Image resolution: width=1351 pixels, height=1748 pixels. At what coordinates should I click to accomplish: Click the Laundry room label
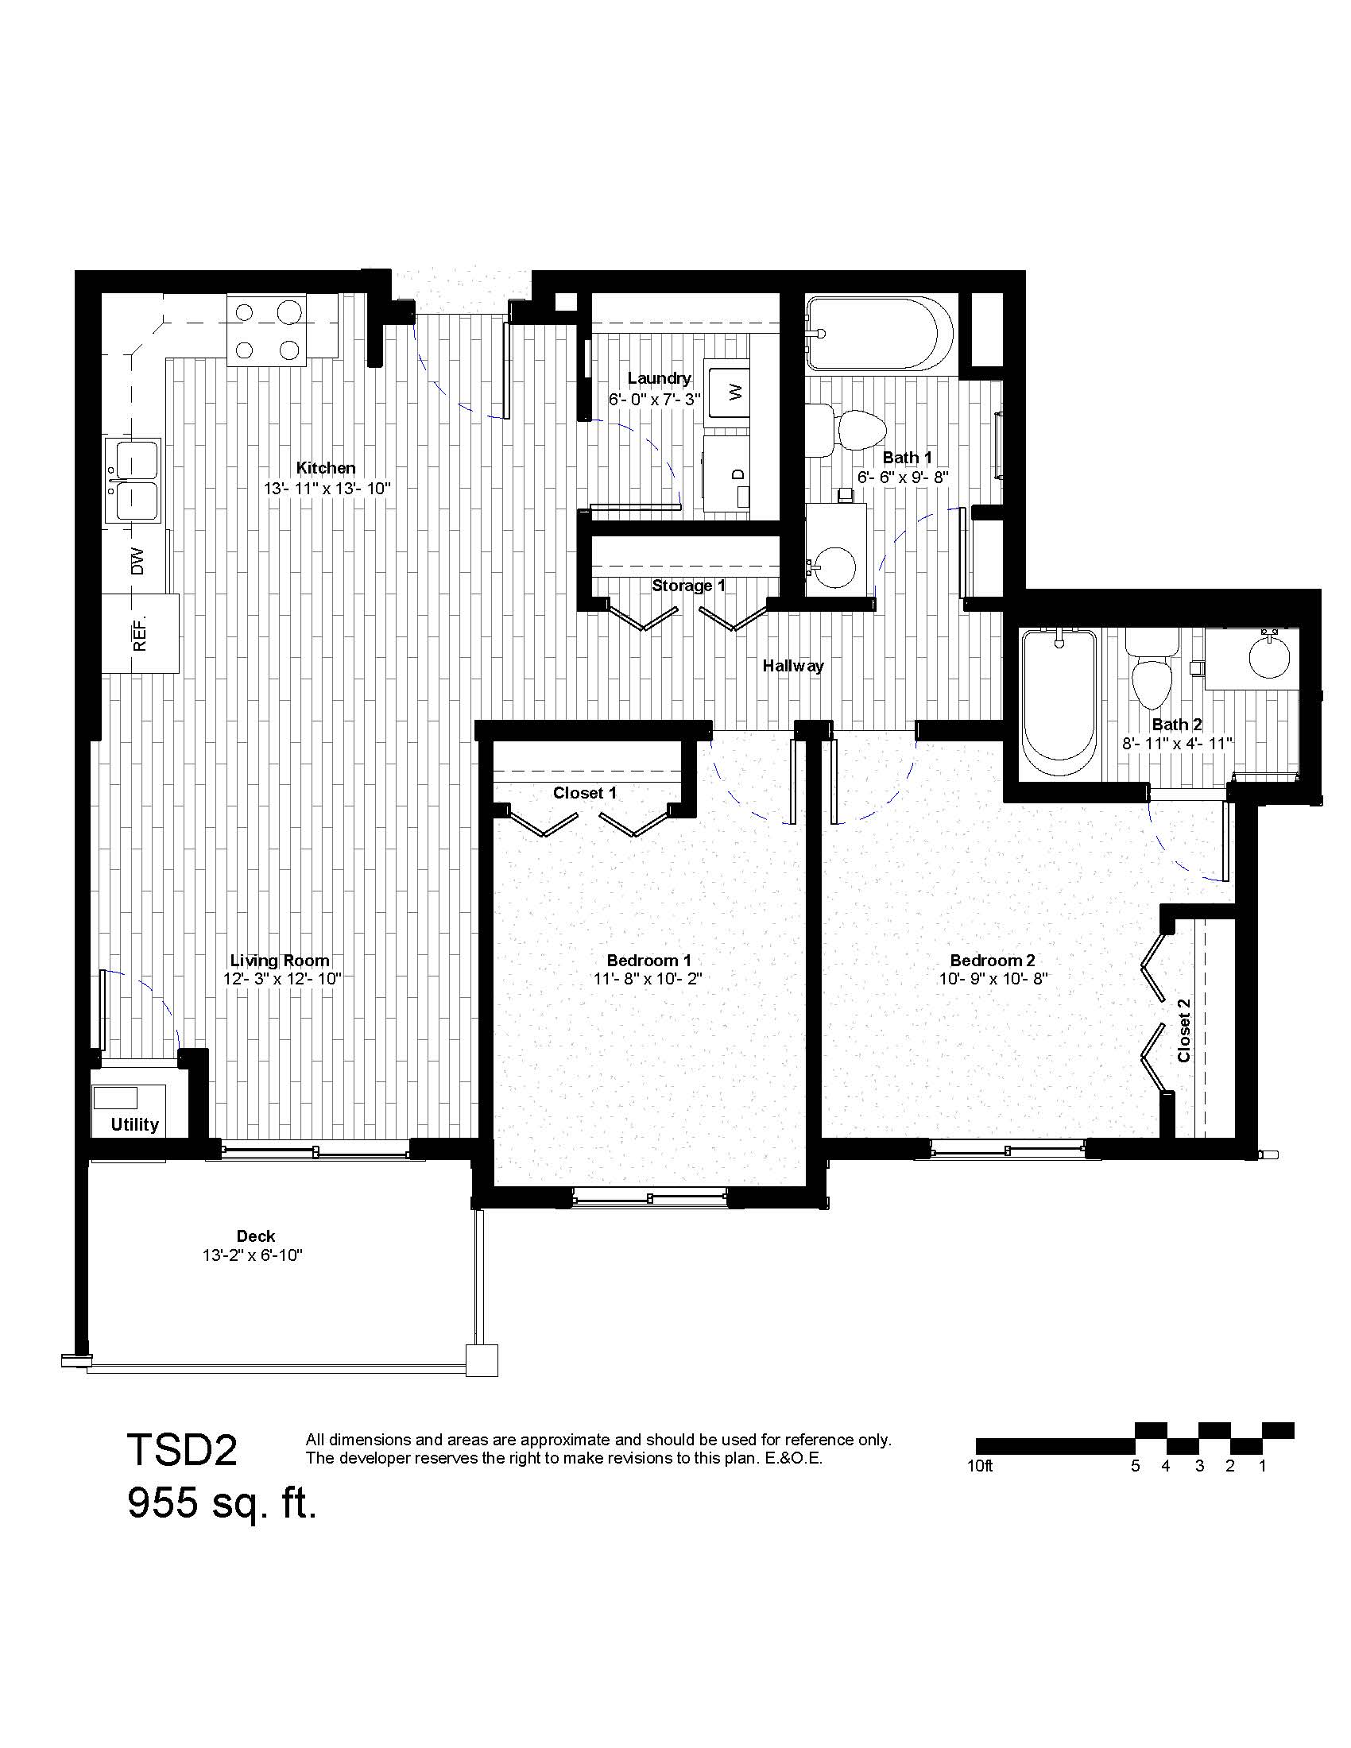tap(659, 377)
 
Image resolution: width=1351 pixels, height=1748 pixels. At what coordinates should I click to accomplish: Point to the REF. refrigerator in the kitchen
tap(140, 633)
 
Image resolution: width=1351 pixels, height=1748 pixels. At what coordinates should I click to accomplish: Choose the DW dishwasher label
tap(137, 561)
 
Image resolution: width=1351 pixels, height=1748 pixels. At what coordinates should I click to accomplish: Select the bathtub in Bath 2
tap(1059, 703)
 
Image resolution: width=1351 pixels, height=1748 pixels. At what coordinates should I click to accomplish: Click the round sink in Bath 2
tap(1269, 657)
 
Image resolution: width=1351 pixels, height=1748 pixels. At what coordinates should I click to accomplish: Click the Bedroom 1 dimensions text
tap(648, 978)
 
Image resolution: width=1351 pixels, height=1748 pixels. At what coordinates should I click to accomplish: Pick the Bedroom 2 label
tap(993, 960)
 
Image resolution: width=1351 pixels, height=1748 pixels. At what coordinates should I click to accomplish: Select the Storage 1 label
tap(688, 586)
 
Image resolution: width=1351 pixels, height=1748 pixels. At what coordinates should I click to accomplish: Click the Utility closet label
tap(134, 1124)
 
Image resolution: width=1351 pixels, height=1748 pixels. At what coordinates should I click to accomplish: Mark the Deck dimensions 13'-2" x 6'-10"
tap(252, 1255)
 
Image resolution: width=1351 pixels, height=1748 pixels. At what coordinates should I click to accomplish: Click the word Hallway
tap(793, 666)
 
